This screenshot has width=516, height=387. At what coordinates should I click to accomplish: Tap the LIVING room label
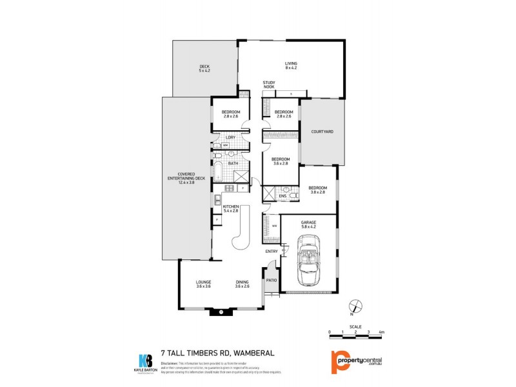coord(291,65)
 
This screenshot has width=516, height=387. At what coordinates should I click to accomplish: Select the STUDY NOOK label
coord(269,84)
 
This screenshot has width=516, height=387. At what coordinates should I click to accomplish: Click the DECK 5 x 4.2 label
coord(204,68)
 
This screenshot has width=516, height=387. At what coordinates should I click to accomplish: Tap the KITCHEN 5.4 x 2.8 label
coord(231,208)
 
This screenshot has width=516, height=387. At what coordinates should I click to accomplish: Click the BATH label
coord(233,163)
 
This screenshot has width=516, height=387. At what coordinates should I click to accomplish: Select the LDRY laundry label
coord(230,137)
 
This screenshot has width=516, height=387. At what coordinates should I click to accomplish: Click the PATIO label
coord(272,280)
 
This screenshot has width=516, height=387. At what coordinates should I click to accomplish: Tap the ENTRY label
coord(271,251)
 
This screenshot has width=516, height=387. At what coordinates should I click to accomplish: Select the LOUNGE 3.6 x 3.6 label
coord(204,284)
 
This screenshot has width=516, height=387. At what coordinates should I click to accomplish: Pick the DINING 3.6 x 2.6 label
coord(243,284)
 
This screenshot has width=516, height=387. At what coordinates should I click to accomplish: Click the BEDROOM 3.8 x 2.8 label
coord(317,190)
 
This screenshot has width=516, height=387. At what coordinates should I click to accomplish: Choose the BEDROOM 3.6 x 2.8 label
coord(280,161)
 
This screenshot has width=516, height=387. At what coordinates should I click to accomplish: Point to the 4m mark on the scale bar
coord(382,332)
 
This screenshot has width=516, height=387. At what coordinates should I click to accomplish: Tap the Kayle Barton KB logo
coord(145,360)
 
